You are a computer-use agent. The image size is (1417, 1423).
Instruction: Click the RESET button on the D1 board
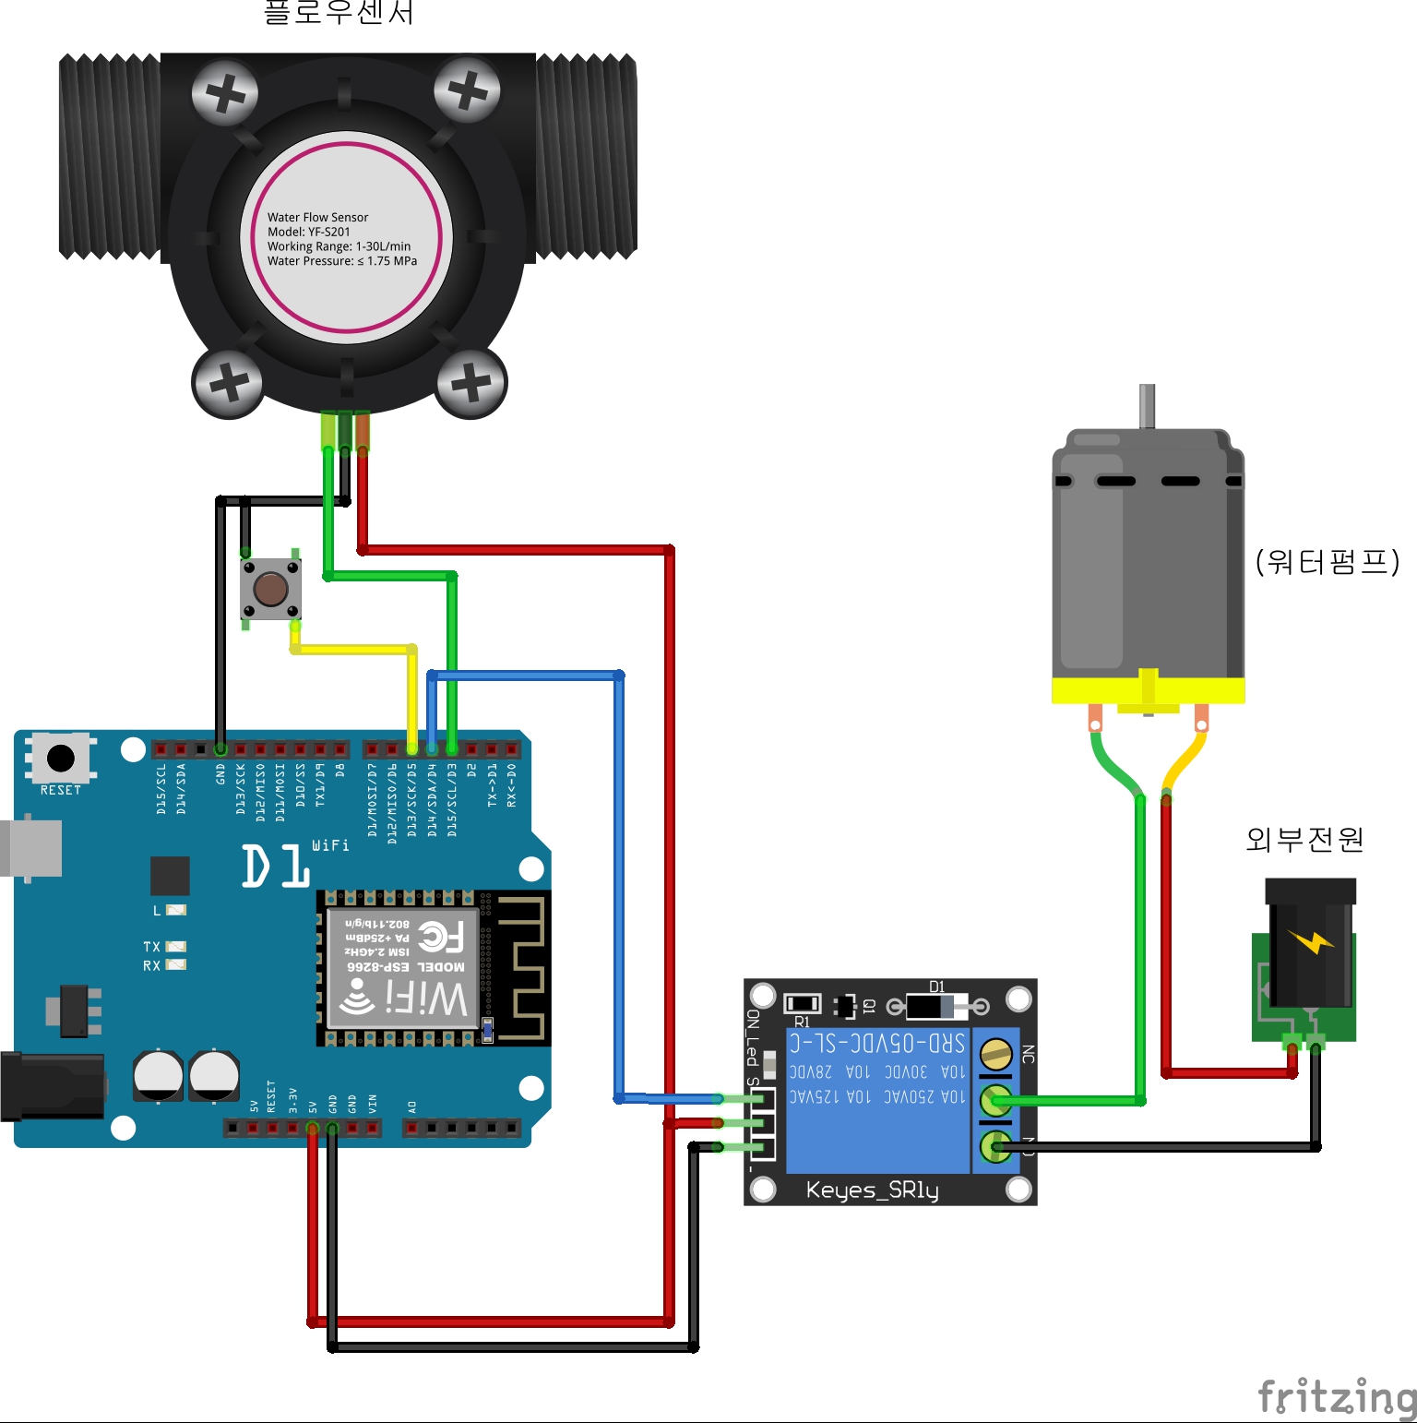(x=61, y=759)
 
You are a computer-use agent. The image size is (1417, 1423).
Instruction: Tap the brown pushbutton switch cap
(x=270, y=588)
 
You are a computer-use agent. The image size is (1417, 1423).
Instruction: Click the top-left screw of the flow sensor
(x=224, y=93)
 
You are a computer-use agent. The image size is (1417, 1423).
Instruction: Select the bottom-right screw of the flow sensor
(x=471, y=382)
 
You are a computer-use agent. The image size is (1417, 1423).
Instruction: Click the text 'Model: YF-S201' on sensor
(x=309, y=232)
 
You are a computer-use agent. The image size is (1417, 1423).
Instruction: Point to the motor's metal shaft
(x=1147, y=406)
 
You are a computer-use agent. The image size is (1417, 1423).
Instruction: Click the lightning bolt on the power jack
(x=1311, y=942)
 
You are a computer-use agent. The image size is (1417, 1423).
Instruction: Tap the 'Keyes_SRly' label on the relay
(x=872, y=1190)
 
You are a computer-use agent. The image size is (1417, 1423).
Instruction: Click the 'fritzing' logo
(x=1337, y=1396)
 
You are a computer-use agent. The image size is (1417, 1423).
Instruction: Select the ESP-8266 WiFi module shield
(x=403, y=967)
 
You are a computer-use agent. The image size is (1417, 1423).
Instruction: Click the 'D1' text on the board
(x=275, y=867)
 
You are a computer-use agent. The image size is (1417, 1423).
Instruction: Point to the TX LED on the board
(x=175, y=947)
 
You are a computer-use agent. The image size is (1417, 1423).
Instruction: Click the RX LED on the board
(x=175, y=965)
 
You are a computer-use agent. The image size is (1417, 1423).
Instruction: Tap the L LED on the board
(x=175, y=910)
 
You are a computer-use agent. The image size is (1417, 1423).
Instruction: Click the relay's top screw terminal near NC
(x=995, y=1053)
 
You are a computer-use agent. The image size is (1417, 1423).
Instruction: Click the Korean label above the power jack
(x=1304, y=840)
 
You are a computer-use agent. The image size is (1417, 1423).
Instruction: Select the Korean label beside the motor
(x=1328, y=561)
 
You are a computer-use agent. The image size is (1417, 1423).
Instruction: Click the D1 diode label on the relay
(x=936, y=987)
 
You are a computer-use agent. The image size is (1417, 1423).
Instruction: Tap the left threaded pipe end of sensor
(x=109, y=157)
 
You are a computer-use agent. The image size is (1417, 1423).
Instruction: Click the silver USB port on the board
(x=31, y=847)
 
